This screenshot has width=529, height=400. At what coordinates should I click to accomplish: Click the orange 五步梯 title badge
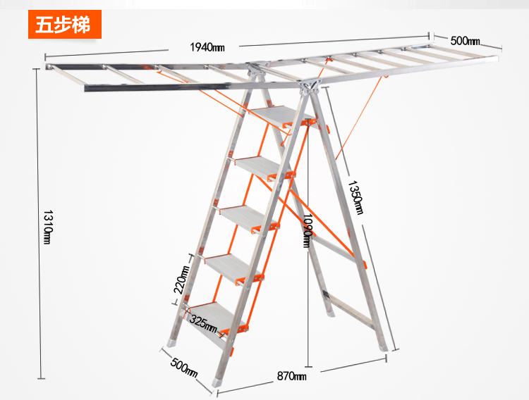coord(64,25)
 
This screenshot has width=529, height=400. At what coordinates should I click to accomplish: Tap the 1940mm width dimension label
coord(207,46)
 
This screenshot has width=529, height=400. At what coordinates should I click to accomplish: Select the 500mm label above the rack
coord(465,41)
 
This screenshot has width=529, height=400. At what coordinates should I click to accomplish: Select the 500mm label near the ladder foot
coord(184,368)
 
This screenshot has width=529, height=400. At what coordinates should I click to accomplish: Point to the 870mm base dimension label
coord(291,376)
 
